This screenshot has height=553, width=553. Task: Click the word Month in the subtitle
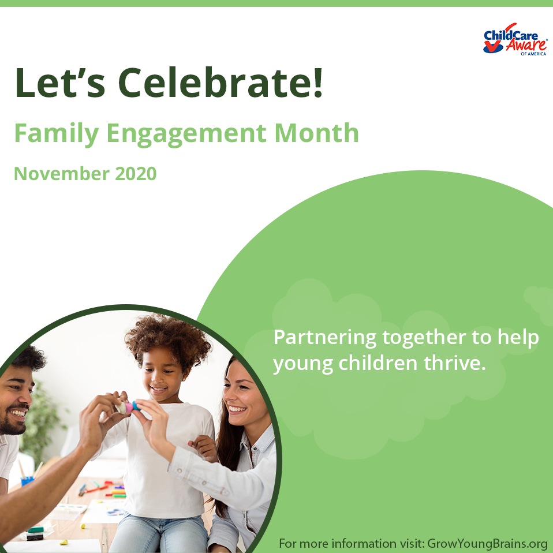click(x=316, y=133)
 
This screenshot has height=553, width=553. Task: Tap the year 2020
click(x=133, y=173)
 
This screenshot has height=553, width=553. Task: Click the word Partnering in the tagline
click(x=324, y=337)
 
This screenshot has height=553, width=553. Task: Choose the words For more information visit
click(x=352, y=543)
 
